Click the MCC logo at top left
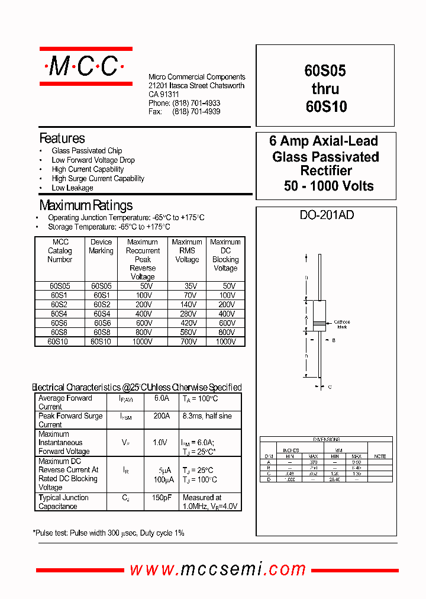pos(85,67)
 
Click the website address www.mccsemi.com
pos(218,569)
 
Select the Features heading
pos(62,139)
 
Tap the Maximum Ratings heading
pos(86,205)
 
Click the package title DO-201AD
pos(327,215)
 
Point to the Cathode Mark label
pos(342,324)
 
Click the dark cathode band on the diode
pos(319,323)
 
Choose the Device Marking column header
pos(101,246)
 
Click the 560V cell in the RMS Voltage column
pos(187,333)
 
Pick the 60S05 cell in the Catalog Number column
pos(60,286)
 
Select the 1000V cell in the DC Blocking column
pos(225,342)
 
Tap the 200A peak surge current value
pos(162,416)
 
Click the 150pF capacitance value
pos(162,498)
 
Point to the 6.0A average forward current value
pos(162,398)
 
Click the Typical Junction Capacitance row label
pos(63,502)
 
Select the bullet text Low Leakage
pos(72,188)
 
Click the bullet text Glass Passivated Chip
pos(86,151)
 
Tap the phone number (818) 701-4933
pos(196,103)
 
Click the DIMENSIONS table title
pos(326,440)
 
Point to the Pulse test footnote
pos(108,533)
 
